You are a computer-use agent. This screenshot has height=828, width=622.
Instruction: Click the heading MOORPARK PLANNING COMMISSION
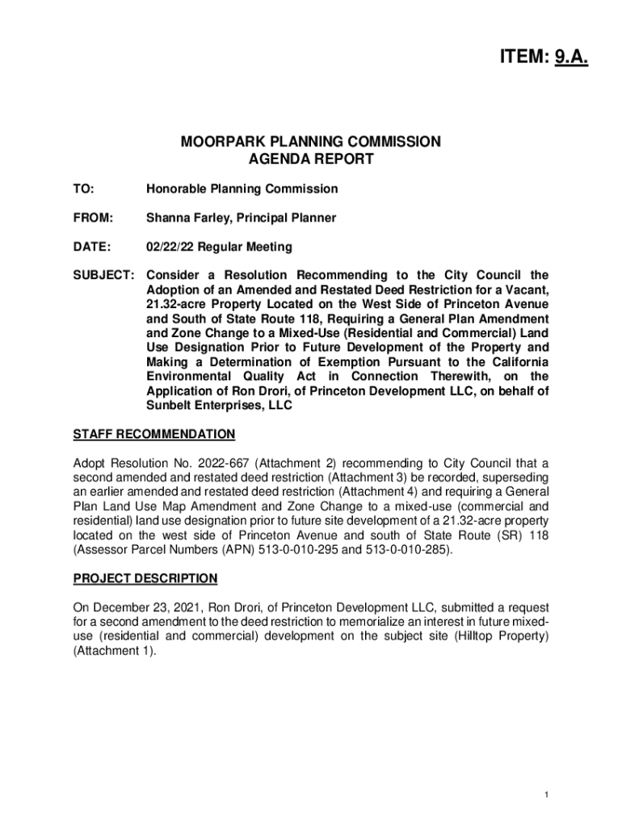tap(311, 142)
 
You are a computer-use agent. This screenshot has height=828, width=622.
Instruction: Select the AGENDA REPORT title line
tap(311, 159)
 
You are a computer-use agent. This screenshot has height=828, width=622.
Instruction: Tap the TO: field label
tap(83, 189)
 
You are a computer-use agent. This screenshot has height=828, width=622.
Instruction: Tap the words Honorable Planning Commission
tap(242, 189)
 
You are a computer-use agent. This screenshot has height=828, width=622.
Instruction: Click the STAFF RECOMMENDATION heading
tap(153, 435)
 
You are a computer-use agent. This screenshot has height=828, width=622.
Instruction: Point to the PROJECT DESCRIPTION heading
tap(145, 578)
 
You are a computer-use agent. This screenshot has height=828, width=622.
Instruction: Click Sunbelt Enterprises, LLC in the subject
tap(219, 406)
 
